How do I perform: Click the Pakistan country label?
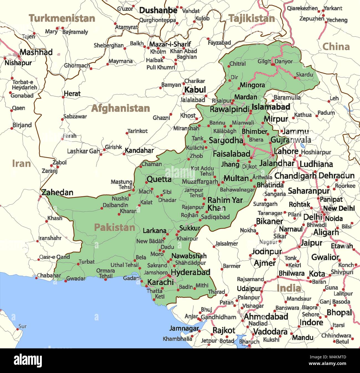pyautogui.click(x=114, y=227)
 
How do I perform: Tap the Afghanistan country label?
pyautogui.click(x=120, y=108)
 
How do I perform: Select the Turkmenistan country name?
pyautogui.click(x=62, y=19)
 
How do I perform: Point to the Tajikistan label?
pyautogui.click(x=252, y=19)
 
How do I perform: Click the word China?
pyautogui.click(x=336, y=46)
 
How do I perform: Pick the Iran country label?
pyautogui.click(x=21, y=164)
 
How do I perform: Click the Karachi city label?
pyautogui.click(x=161, y=282)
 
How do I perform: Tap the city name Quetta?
pyautogui.click(x=159, y=179)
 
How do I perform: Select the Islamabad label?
pyautogui.click(x=271, y=107)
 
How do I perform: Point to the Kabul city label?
pyautogui.click(x=195, y=90)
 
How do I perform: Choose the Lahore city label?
pyautogui.click(x=286, y=151)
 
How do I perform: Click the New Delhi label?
pyautogui.click(x=339, y=208)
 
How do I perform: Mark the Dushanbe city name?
pyautogui.click(x=158, y=11)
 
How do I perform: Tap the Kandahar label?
pyautogui.click(x=139, y=151)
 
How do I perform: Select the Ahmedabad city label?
pyautogui.click(x=266, y=316)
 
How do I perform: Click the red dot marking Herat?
pyautogui.click(x=63, y=97)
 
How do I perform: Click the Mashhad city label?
pyautogui.click(x=36, y=52)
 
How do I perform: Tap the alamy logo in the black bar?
pyautogui.click(x=28, y=361)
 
